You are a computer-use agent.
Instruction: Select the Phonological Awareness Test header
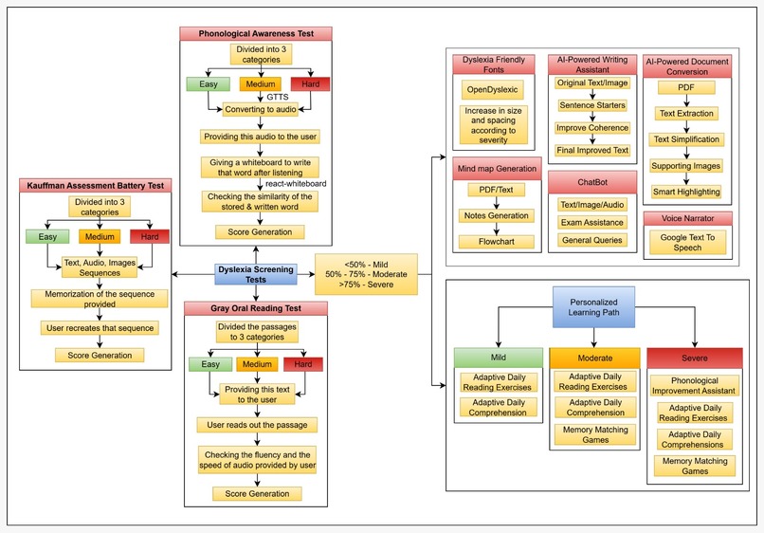click(x=256, y=33)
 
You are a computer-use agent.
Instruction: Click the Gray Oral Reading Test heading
click(x=256, y=308)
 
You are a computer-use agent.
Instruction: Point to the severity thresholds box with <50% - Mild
click(x=366, y=274)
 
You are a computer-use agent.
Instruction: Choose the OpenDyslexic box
click(x=487, y=90)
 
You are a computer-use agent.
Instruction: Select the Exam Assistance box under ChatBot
click(x=591, y=222)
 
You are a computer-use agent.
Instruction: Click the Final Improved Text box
click(x=592, y=149)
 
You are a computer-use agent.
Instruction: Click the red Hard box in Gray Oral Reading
click(x=302, y=364)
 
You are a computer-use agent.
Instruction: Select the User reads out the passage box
click(x=256, y=424)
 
